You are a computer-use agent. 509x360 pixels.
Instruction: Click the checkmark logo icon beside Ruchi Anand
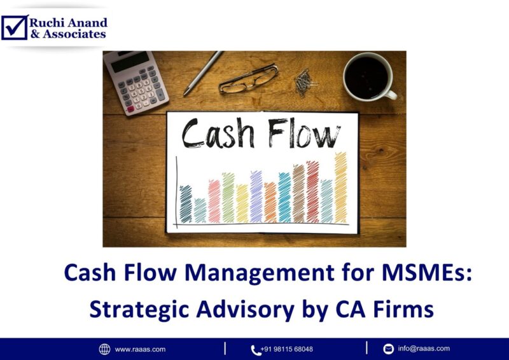(x=14, y=27)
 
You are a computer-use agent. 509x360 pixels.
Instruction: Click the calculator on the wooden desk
(x=136, y=82)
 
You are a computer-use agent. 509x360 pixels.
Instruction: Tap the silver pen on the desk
(x=203, y=73)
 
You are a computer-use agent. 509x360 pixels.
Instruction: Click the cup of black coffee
(x=368, y=76)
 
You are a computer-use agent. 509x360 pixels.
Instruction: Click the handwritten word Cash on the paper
(x=219, y=134)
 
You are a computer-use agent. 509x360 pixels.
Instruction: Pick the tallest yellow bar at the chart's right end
(x=341, y=188)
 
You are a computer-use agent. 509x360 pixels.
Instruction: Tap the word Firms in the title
(x=403, y=309)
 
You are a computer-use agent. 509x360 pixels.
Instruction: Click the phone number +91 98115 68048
(x=287, y=349)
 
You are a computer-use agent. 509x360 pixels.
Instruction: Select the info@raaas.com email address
(x=424, y=349)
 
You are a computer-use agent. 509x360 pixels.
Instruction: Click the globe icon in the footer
(x=104, y=349)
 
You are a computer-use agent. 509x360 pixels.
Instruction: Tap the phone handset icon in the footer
(x=256, y=349)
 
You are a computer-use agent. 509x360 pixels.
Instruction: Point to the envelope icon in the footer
(x=388, y=349)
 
